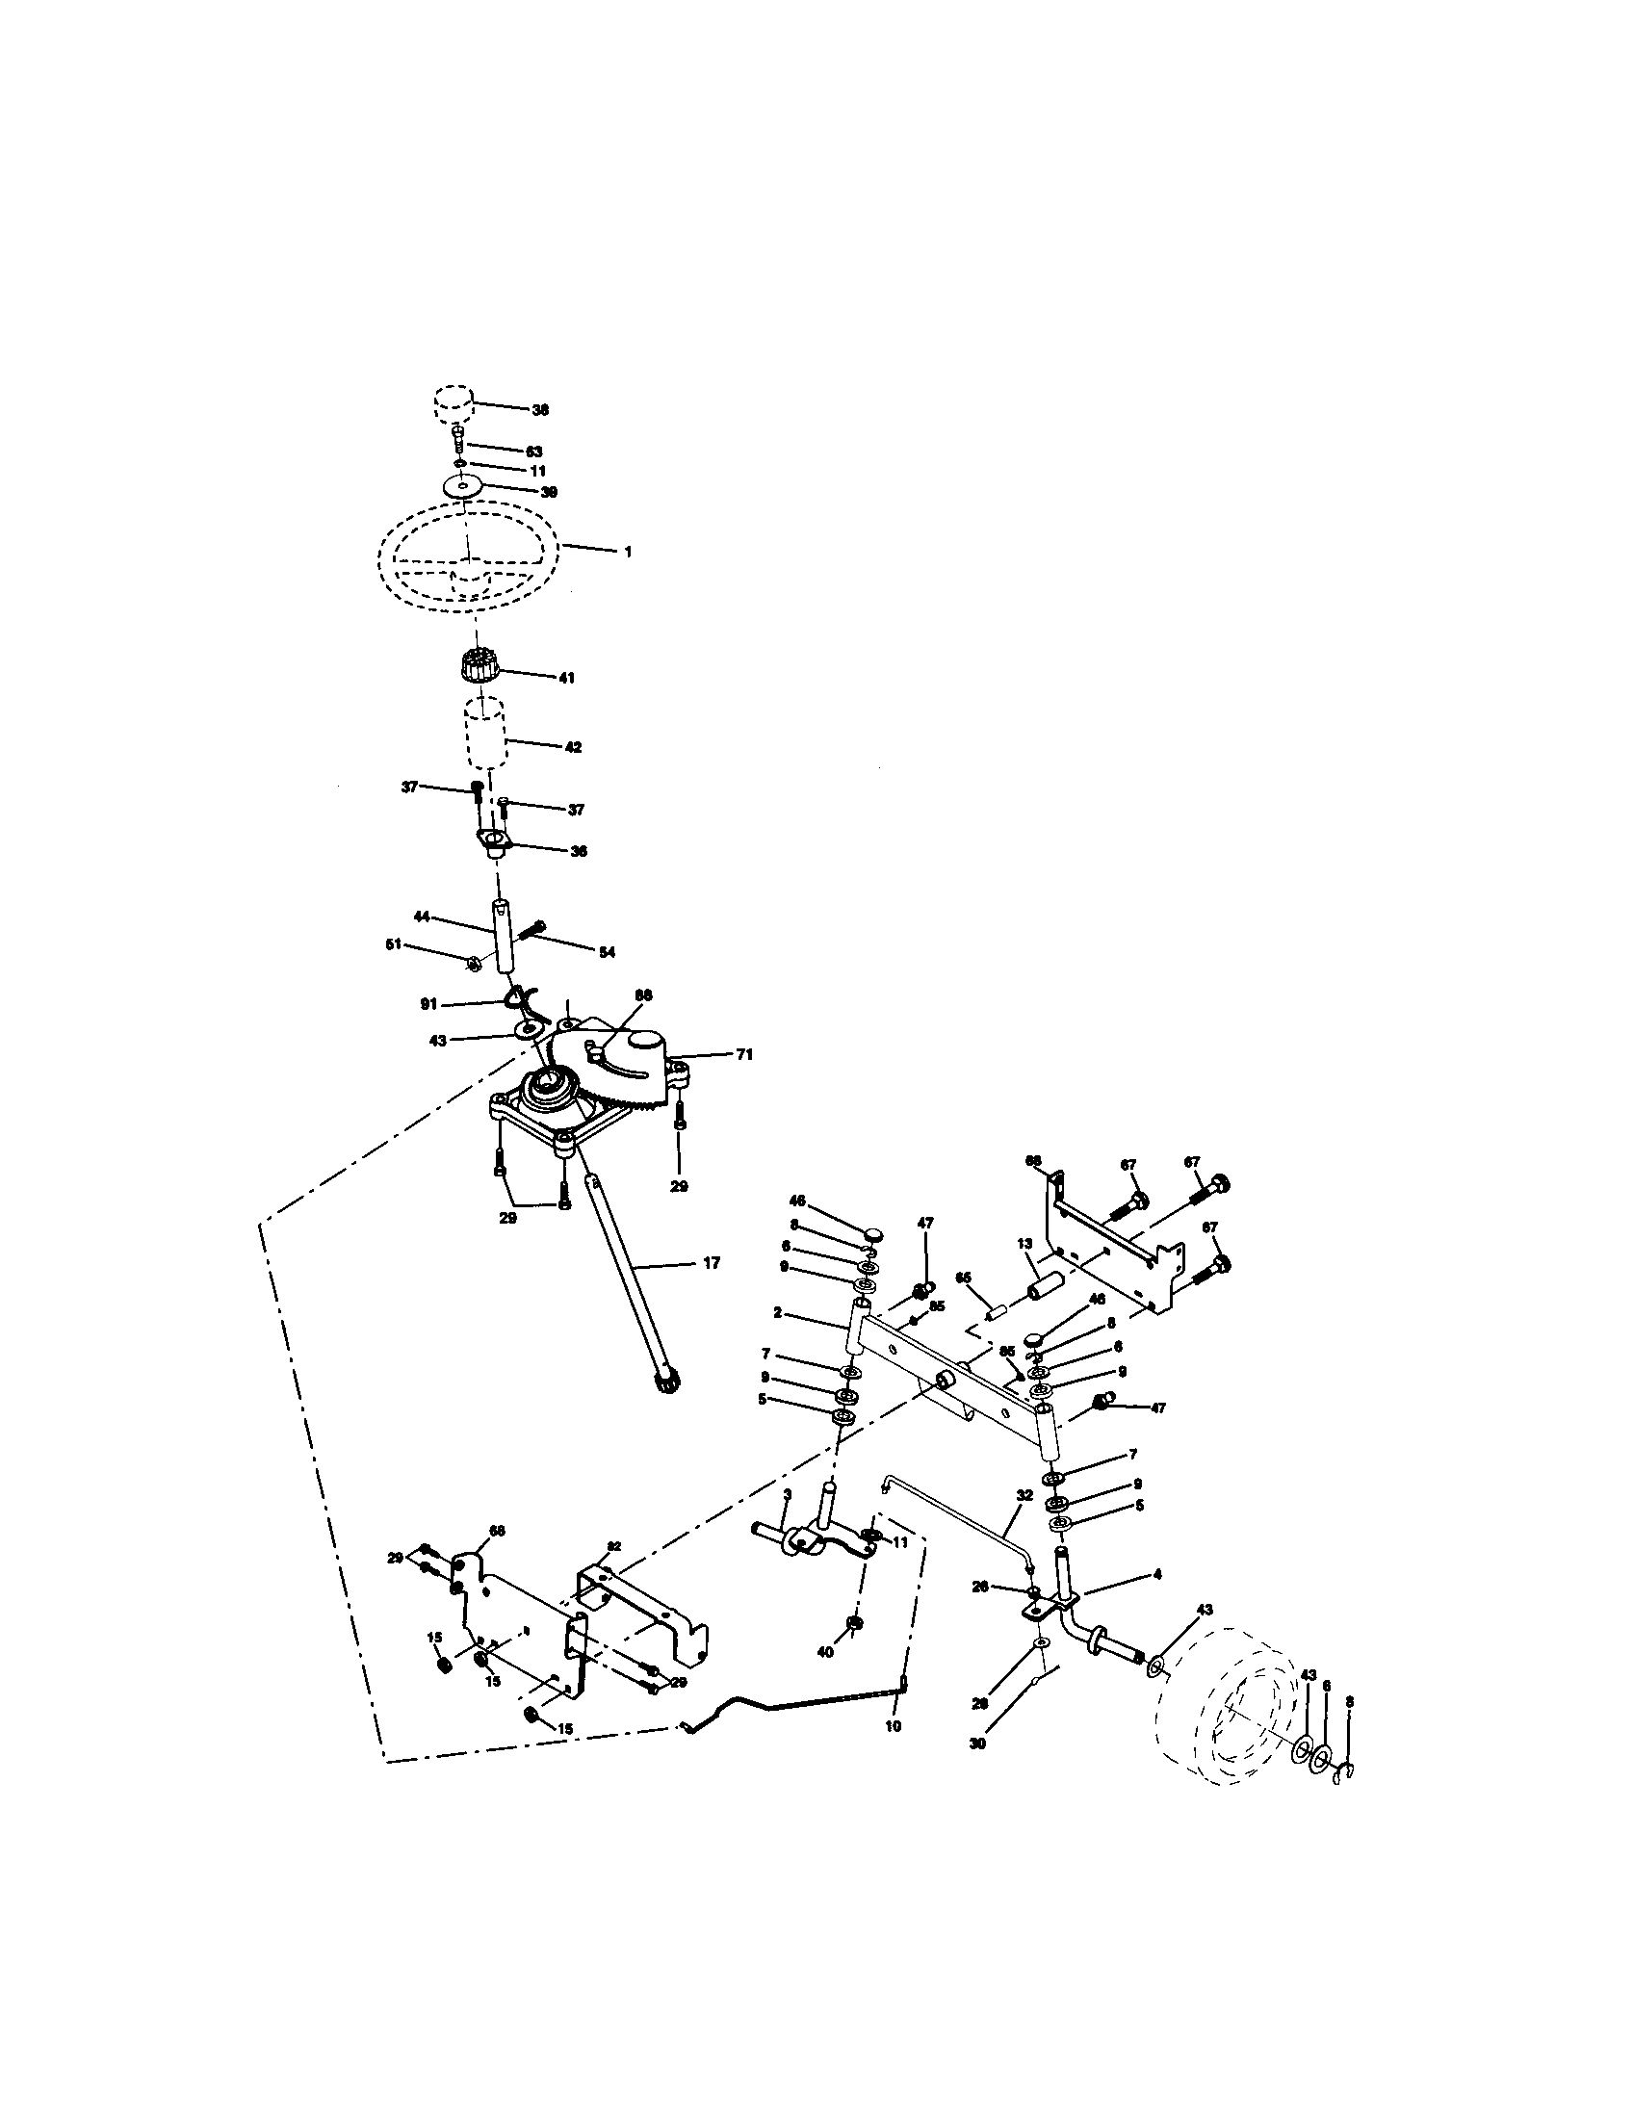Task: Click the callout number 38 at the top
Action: click(540, 410)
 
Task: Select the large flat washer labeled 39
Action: click(464, 486)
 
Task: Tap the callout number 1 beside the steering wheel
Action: click(628, 551)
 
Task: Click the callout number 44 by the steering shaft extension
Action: click(422, 916)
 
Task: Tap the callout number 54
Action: click(606, 953)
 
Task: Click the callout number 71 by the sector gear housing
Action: click(743, 1054)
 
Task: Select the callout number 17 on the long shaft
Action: click(711, 1264)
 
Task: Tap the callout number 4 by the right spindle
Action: click(1157, 1575)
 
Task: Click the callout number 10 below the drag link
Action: click(894, 1726)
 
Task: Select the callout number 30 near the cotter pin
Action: click(977, 1743)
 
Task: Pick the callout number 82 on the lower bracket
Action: click(614, 1546)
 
